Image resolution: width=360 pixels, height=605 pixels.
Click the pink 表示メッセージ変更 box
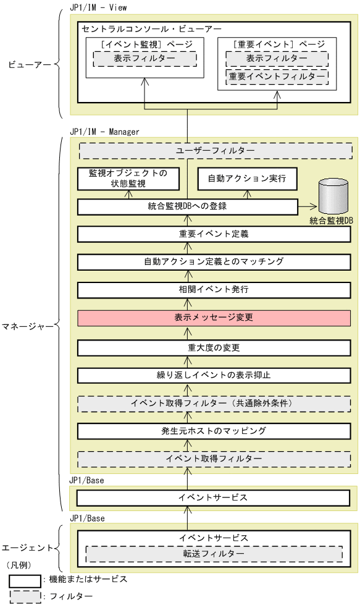(214, 318)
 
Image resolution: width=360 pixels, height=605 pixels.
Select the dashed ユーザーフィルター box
(214, 151)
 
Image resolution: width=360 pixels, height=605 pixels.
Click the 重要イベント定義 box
(214, 234)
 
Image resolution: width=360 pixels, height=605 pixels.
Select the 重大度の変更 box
(214, 347)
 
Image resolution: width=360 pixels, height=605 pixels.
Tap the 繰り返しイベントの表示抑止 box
(214, 375)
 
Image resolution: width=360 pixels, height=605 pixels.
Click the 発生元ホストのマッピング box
(214, 430)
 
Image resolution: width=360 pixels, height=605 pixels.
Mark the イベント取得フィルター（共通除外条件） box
(214, 403)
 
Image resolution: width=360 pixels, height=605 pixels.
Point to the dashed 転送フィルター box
(213, 554)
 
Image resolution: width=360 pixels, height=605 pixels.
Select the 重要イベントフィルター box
(277, 77)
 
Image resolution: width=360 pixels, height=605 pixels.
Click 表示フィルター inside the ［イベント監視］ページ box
(144, 58)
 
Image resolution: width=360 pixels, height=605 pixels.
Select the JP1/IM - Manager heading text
(105, 132)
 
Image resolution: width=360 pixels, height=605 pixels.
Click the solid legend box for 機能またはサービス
(25, 580)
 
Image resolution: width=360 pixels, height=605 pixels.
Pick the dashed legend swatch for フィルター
(25, 596)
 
